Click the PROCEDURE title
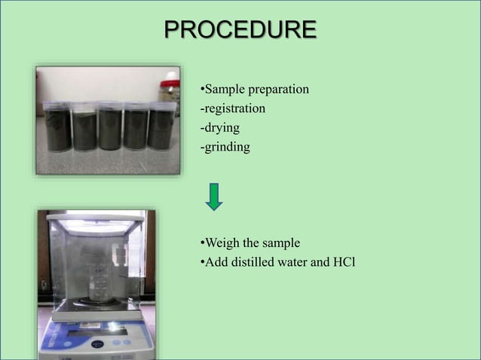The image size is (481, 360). (x=240, y=30)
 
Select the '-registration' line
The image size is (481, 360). (x=232, y=109)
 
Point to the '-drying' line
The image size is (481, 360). (x=219, y=128)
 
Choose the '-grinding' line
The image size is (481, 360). (x=224, y=147)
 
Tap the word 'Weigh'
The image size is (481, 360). (x=222, y=243)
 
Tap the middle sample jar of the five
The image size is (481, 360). (x=110, y=126)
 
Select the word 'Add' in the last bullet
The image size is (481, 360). (x=213, y=262)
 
